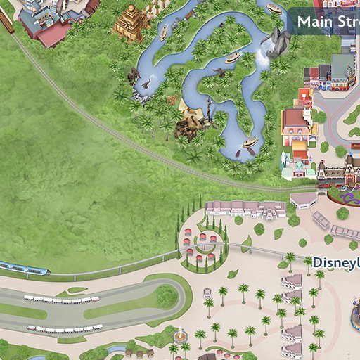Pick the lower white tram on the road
point(65,328)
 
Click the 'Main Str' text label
point(327,21)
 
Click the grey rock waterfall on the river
point(276,44)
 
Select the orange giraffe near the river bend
point(171,100)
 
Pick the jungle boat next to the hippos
point(250,143)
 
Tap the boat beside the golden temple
point(163,32)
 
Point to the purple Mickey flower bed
point(343,212)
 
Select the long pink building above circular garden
point(245,208)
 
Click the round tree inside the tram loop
point(167,297)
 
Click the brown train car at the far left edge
point(6,21)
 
